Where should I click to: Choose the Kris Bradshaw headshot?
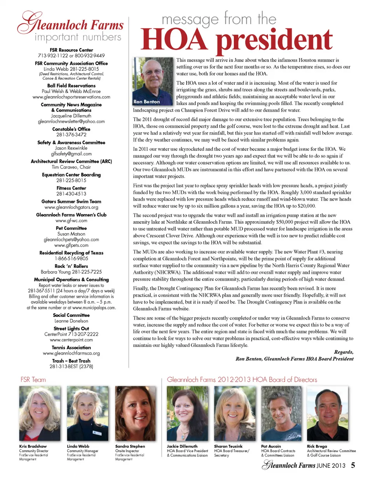[39, 413]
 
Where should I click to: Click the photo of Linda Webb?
[87, 413]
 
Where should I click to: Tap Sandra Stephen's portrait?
[136, 413]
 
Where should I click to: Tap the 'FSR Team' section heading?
[33, 379]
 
